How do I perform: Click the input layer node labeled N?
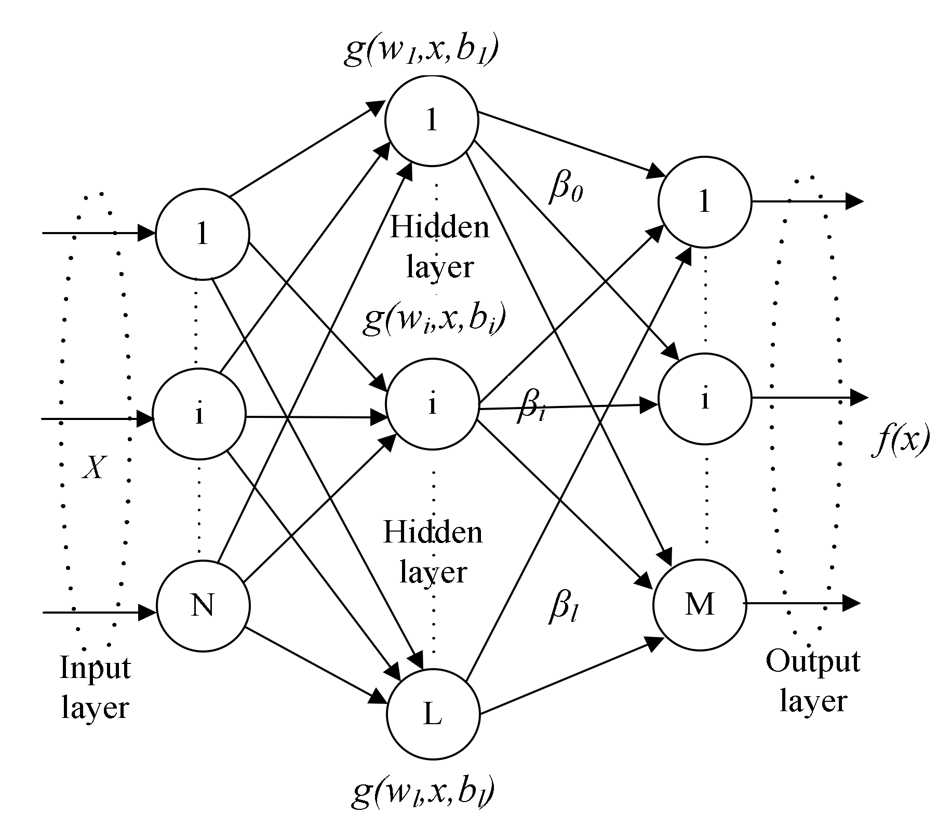click(203, 605)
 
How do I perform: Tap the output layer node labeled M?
click(700, 604)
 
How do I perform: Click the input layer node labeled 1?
click(202, 234)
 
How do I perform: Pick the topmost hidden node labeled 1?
click(431, 120)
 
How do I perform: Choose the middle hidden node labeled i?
click(432, 404)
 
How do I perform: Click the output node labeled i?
click(704, 399)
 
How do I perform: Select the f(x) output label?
click(900, 442)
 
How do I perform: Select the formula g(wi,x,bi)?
click(434, 320)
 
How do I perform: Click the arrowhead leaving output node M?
click(852, 603)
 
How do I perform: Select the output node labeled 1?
click(704, 201)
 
